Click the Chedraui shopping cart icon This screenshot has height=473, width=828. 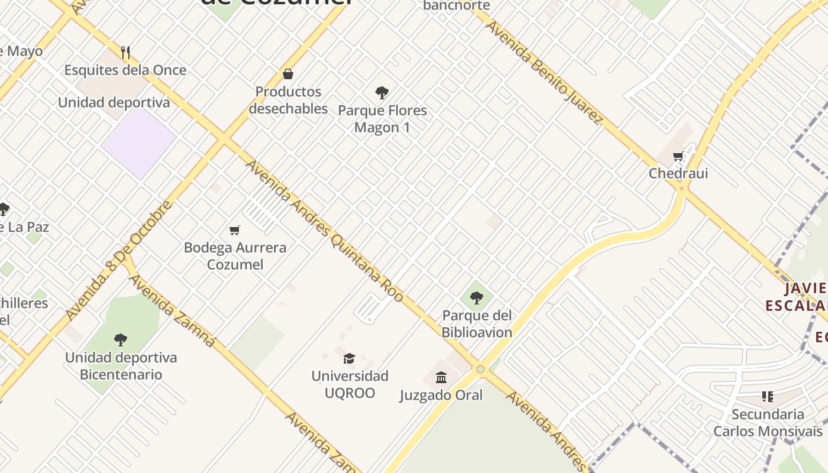tap(678, 157)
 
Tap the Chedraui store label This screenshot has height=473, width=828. tap(678, 173)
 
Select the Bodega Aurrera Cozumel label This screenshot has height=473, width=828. tap(235, 256)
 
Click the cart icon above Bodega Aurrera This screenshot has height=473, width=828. tap(235, 230)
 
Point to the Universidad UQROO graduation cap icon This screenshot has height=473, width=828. tap(349, 358)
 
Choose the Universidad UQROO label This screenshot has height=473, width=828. tap(350, 384)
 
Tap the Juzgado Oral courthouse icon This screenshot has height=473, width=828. tap(441, 377)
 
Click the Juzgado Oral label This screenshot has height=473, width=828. tap(441, 395)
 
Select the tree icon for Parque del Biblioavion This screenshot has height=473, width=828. tap(476, 297)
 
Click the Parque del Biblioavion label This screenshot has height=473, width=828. tap(477, 323)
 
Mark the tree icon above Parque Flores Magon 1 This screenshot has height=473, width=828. tap(381, 92)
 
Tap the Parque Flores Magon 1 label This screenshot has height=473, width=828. tap(382, 119)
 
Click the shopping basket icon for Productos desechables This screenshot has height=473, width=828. tap(288, 74)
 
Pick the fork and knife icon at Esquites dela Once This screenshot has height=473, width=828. tap(125, 53)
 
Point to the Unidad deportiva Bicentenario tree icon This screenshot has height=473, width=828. tap(121, 339)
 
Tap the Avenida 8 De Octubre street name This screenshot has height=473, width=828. tap(119, 260)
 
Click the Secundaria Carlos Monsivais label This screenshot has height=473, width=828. tap(768, 422)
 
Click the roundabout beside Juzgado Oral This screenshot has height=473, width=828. tap(480, 370)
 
